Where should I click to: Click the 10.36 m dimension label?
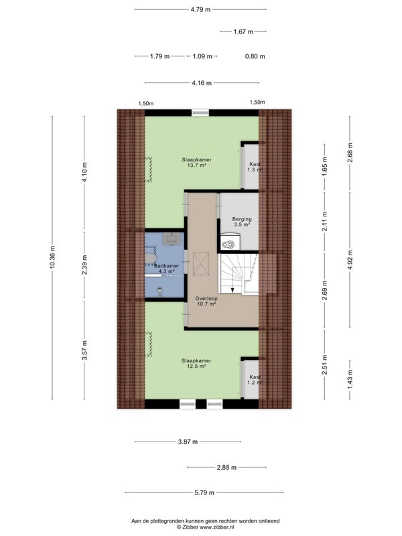[x=52, y=257]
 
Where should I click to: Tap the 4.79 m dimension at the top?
[x=200, y=9]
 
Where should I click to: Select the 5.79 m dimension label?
[x=204, y=492]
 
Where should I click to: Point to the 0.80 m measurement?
[x=255, y=56]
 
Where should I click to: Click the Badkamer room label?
[x=166, y=265]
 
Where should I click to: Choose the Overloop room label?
[x=206, y=298]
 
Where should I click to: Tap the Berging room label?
[x=242, y=219]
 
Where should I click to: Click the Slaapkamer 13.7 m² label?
[x=196, y=162]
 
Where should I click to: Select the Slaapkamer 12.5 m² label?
[x=196, y=363]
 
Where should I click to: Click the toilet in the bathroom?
[x=159, y=291]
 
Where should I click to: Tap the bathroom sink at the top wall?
[x=171, y=239]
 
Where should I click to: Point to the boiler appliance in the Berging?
[x=230, y=241]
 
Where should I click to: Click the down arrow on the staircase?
[x=232, y=290]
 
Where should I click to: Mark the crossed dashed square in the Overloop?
[x=200, y=263]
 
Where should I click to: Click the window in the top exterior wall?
[x=200, y=113]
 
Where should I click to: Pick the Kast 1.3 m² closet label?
[x=255, y=167]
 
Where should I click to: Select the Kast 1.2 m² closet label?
[x=255, y=380]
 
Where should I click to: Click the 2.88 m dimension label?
[x=226, y=467]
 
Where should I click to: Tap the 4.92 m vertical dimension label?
[x=349, y=260]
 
